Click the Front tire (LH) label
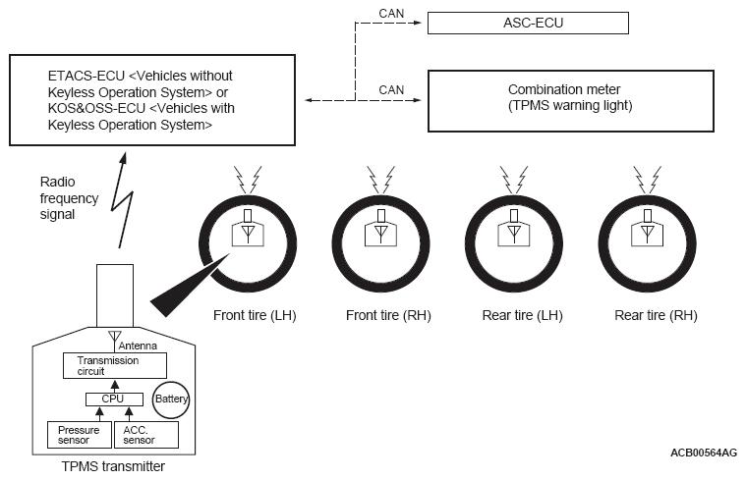pos(255,315)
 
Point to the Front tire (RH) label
pos(389,315)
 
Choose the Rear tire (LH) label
pos(523,315)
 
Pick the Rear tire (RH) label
pos(656,315)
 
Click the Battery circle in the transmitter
pos(170,400)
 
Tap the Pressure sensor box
pos(78,433)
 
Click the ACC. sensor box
pos(147,433)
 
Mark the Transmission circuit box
pos(108,366)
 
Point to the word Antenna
pos(138,346)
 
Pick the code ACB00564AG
pos(704,452)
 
